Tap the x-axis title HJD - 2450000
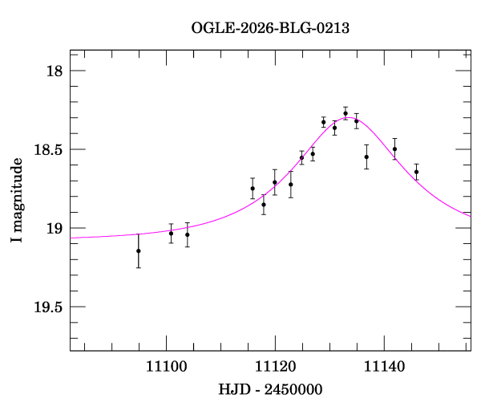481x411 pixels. click(270, 389)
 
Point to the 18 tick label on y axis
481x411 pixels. click(55, 71)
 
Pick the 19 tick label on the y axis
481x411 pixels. click(55, 229)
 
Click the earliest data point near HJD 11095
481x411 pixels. click(139, 250)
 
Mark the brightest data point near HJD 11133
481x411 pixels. click(346, 114)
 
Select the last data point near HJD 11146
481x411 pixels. click(416, 172)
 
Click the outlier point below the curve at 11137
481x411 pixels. click(366, 157)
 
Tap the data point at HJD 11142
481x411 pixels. click(394, 149)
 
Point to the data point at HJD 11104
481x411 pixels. click(188, 234)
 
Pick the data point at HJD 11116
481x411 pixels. click(253, 189)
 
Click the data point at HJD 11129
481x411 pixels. click(323, 122)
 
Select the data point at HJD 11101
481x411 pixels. click(171, 233)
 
